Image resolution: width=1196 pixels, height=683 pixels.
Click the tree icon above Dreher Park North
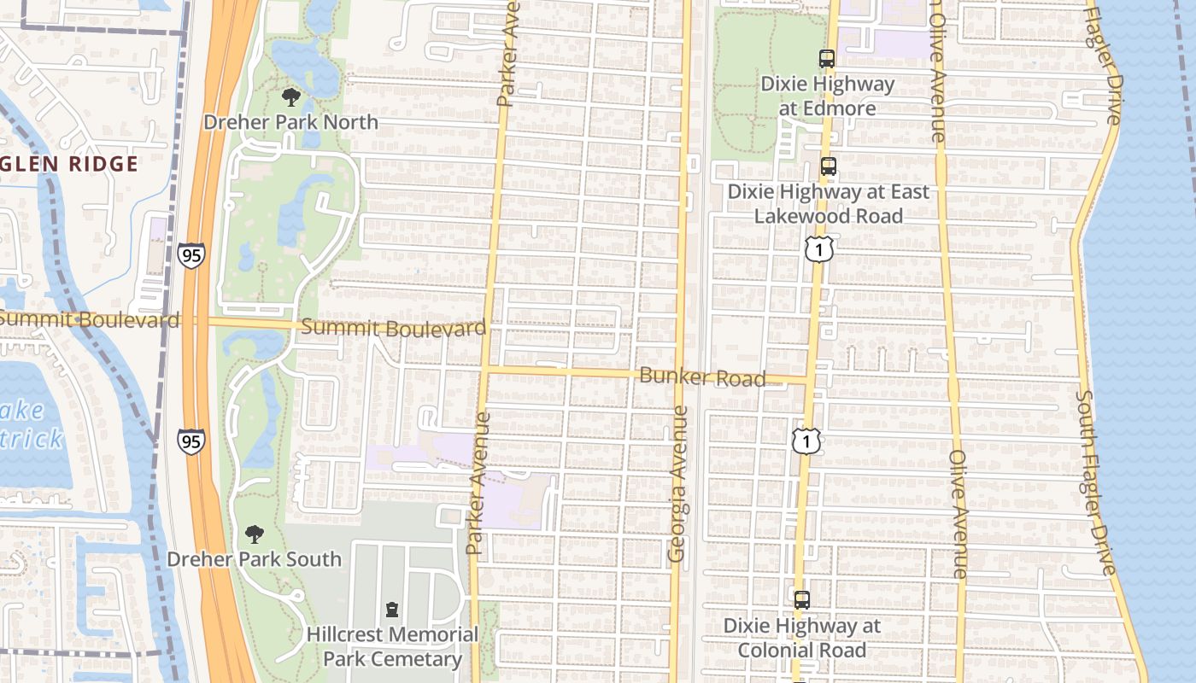tap(290, 96)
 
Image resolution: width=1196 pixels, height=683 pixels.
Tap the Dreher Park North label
tap(290, 122)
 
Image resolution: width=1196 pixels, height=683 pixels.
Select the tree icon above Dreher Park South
tap(254, 534)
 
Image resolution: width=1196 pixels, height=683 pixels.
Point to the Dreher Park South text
tap(254, 559)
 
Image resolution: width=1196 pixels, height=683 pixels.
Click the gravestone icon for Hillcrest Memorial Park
tap(392, 610)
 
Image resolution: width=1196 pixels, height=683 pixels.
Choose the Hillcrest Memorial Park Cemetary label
tap(392, 646)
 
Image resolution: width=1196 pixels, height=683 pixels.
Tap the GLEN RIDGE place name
tap(69, 164)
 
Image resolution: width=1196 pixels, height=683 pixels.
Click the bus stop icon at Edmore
tap(826, 59)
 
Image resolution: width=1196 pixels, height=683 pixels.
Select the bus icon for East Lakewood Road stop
tap(828, 166)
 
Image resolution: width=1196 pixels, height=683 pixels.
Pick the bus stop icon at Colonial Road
tap(801, 600)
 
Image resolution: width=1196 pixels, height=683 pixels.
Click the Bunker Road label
tap(702, 377)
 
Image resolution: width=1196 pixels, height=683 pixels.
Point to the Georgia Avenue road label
tap(678, 483)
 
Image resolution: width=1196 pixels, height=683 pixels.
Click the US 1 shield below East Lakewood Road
tap(818, 249)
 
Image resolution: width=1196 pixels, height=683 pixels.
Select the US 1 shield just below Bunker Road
tap(806, 441)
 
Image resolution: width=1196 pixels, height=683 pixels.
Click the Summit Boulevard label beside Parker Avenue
tap(394, 328)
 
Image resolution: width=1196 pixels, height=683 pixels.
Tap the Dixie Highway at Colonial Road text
tap(801, 638)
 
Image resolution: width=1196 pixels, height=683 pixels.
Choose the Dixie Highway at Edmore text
tap(827, 96)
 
